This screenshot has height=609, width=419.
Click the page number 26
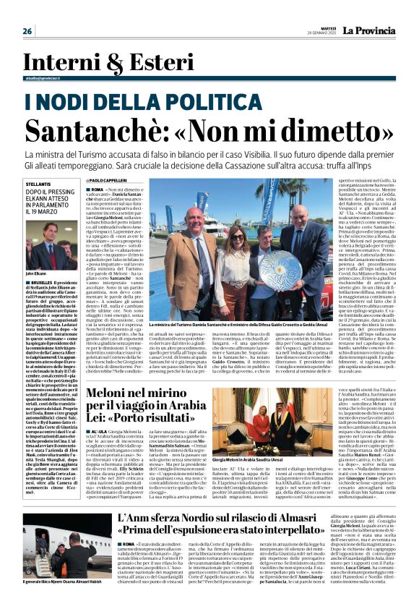tap(27, 31)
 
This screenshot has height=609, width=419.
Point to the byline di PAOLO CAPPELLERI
tap(131, 179)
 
